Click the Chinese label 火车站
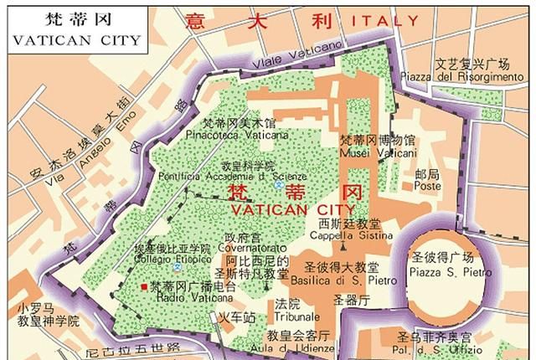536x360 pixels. coord(236,318)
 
